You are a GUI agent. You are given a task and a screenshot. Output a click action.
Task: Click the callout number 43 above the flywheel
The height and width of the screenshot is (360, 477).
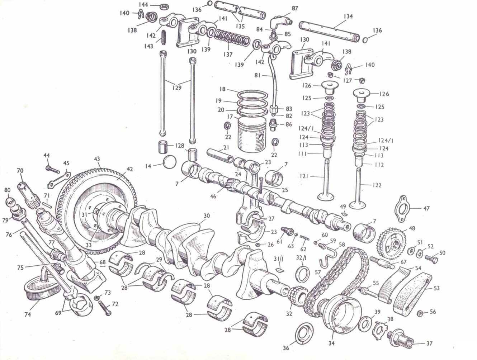tap(97, 159)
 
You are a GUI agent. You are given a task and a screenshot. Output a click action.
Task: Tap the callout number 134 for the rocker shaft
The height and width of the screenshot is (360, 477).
tap(348, 16)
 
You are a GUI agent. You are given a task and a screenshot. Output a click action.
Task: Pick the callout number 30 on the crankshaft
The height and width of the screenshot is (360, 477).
tap(207, 216)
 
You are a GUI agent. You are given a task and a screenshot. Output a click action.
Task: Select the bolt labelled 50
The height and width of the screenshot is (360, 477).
tap(431, 258)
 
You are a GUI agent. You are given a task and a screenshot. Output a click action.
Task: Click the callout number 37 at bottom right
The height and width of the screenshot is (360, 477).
tap(429, 344)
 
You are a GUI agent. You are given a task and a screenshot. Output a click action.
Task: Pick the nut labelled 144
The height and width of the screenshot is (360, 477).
tap(165, 6)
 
